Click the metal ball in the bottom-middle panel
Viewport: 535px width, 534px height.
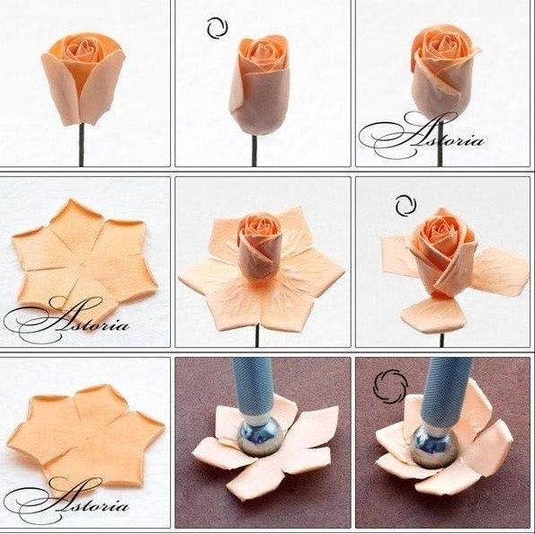coord(260,439)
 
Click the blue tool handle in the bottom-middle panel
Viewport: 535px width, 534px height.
coord(254,388)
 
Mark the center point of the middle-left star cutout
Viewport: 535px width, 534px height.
coord(83,264)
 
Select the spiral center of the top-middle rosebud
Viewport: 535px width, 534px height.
coord(262,50)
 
